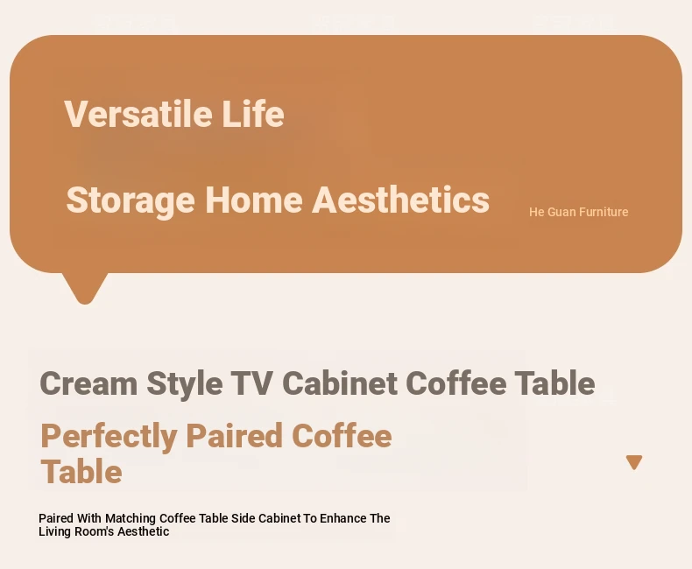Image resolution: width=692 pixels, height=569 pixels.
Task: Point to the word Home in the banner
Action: click(x=254, y=200)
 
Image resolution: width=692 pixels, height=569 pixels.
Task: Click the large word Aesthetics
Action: click(x=400, y=200)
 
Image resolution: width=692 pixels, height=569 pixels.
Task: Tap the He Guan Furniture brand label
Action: click(x=579, y=212)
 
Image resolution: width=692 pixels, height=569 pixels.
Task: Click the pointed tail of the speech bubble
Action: click(x=85, y=301)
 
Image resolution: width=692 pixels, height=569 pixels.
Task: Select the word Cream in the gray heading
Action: click(x=88, y=383)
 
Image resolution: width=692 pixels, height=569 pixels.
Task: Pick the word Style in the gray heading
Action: click(x=185, y=384)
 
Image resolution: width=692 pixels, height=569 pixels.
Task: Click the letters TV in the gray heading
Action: click(x=252, y=383)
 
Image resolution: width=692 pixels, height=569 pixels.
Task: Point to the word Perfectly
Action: click(x=109, y=437)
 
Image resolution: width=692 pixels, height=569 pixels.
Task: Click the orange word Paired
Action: click(x=235, y=435)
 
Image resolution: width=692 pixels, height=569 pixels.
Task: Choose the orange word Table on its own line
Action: click(x=81, y=472)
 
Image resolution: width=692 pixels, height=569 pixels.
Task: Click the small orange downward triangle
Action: click(x=634, y=461)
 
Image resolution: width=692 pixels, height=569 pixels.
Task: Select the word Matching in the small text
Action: click(x=131, y=519)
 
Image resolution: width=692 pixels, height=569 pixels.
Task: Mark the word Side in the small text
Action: click(x=244, y=518)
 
